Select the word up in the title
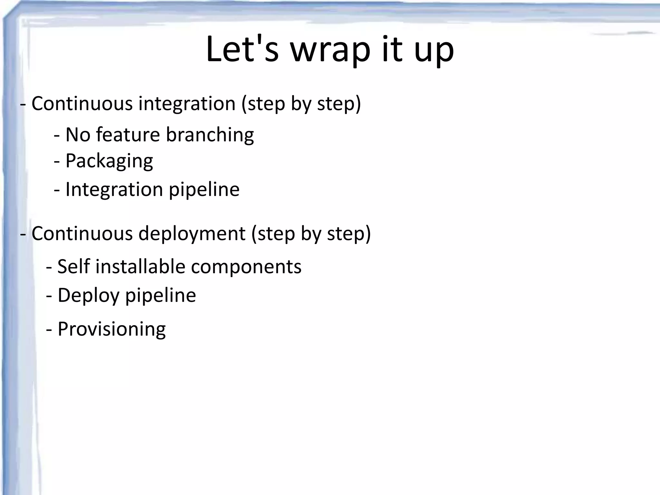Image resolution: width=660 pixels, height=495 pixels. coord(434,52)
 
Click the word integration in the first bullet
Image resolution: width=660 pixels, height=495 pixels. coord(187,104)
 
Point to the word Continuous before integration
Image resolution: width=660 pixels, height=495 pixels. coord(82,104)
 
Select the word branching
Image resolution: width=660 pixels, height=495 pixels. coord(210,135)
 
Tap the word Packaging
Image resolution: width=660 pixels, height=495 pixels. coord(109,161)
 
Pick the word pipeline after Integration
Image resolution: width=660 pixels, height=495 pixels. coord(204,189)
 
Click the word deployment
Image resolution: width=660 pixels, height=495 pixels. coord(192,234)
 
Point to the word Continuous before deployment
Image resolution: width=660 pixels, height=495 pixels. coord(82,233)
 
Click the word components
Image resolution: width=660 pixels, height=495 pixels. coord(246,267)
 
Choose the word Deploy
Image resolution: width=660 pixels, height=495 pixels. coord(88,296)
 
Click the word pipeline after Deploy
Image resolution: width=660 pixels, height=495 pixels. coord(160,296)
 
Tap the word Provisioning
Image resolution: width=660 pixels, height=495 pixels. coord(112,329)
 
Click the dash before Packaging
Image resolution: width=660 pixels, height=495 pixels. coord(57,161)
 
